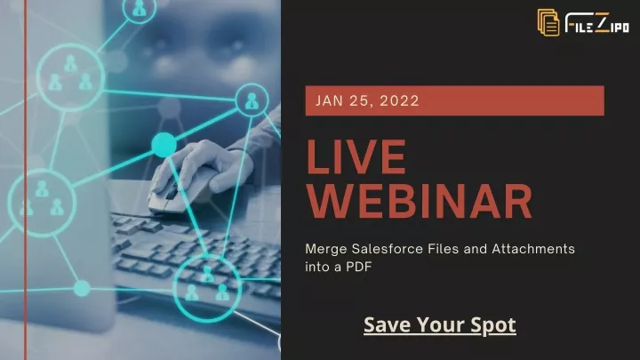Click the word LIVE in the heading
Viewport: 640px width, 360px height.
(x=356, y=157)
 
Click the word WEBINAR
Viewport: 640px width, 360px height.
(x=420, y=201)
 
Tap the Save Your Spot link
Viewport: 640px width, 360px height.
(x=440, y=325)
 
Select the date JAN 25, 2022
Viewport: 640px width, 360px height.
(x=367, y=100)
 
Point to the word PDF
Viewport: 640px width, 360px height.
(x=359, y=267)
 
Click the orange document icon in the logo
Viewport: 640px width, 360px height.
(x=548, y=22)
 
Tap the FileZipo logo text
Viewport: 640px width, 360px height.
(x=597, y=22)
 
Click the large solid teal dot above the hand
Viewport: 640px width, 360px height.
(x=164, y=145)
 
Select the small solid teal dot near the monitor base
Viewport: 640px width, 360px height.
(x=82, y=288)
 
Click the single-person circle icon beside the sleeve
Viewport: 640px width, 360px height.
(x=252, y=100)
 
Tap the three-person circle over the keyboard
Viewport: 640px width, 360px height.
(x=207, y=288)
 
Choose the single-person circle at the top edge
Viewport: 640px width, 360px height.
(x=139, y=9)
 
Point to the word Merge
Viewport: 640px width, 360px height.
(x=326, y=249)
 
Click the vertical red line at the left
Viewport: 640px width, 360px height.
(x=26, y=180)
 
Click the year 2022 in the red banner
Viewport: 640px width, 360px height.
(x=399, y=100)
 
